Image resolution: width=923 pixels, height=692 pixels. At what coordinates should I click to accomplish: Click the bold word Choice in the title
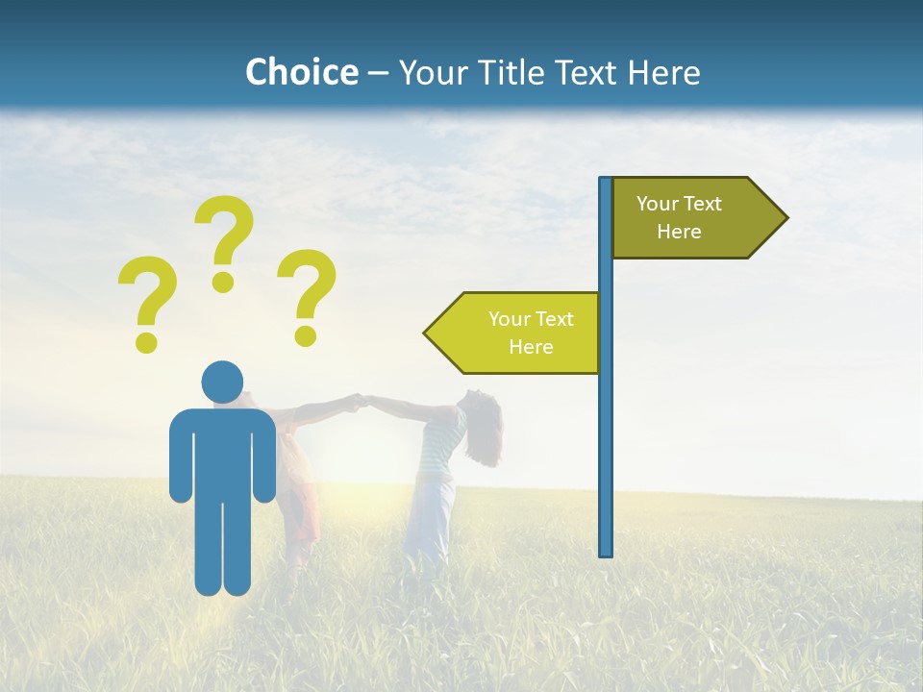click(x=301, y=72)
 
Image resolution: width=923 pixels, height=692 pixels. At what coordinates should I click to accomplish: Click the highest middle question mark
click(x=224, y=235)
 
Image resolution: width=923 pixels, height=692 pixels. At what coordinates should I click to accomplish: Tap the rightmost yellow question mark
click(x=307, y=293)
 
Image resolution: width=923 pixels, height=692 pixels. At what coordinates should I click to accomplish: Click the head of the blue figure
click(x=222, y=382)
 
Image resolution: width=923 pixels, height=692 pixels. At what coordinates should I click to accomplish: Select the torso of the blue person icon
click(x=222, y=452)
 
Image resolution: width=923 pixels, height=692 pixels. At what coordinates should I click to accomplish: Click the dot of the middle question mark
click(x=223, y=282)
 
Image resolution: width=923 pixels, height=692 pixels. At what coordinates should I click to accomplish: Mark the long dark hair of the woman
click(x=486, y=432)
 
